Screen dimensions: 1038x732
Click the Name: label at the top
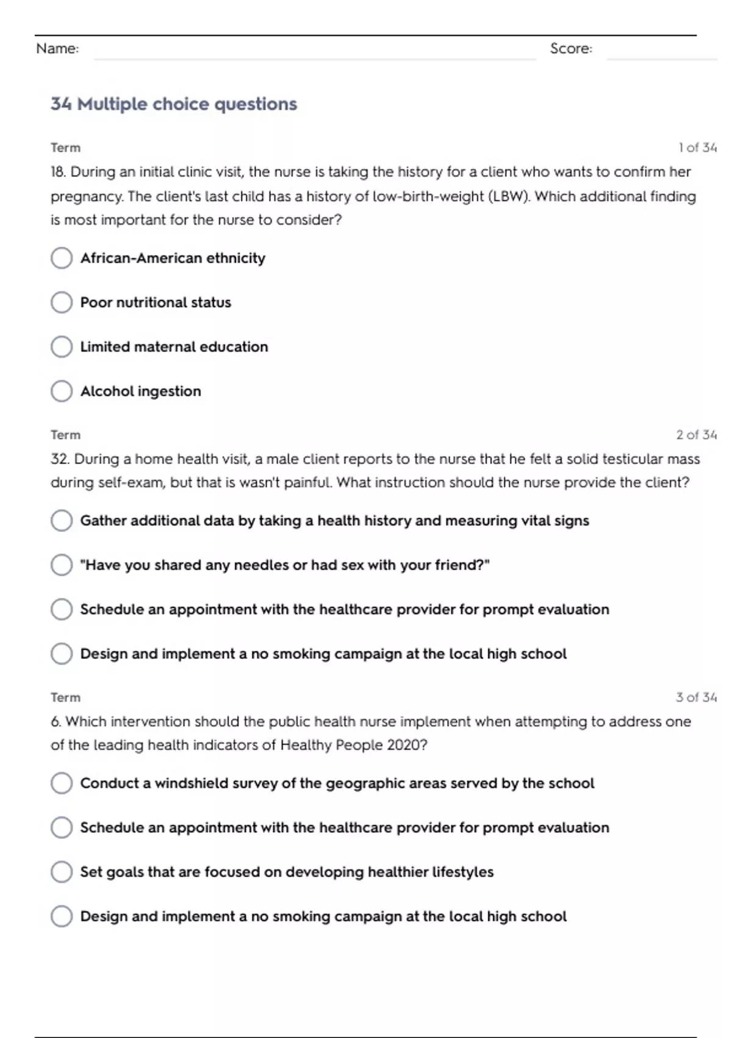click(57, 48)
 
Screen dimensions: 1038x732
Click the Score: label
click(571, 48)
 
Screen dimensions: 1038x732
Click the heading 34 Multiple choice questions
click(174, 104)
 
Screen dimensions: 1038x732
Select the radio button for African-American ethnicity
click(62, 258)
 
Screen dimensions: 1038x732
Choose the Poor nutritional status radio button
click(62, 302)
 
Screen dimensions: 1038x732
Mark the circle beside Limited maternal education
click(62, 347)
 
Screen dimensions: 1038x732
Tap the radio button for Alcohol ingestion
click(62, 391)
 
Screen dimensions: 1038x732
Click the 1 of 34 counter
click(697, 148)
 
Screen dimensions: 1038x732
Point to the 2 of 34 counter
click(696, 435)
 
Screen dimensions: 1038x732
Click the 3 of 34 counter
click(696, 697)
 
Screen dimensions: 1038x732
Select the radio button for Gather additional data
click(62, 521)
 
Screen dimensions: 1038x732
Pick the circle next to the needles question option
click(62, 565)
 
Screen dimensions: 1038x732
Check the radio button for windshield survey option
click(62, 783)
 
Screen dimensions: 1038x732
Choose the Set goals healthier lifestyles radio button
click(62, 872)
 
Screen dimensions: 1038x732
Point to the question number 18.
click(58, 172)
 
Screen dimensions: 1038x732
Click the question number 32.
click(60, 459)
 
